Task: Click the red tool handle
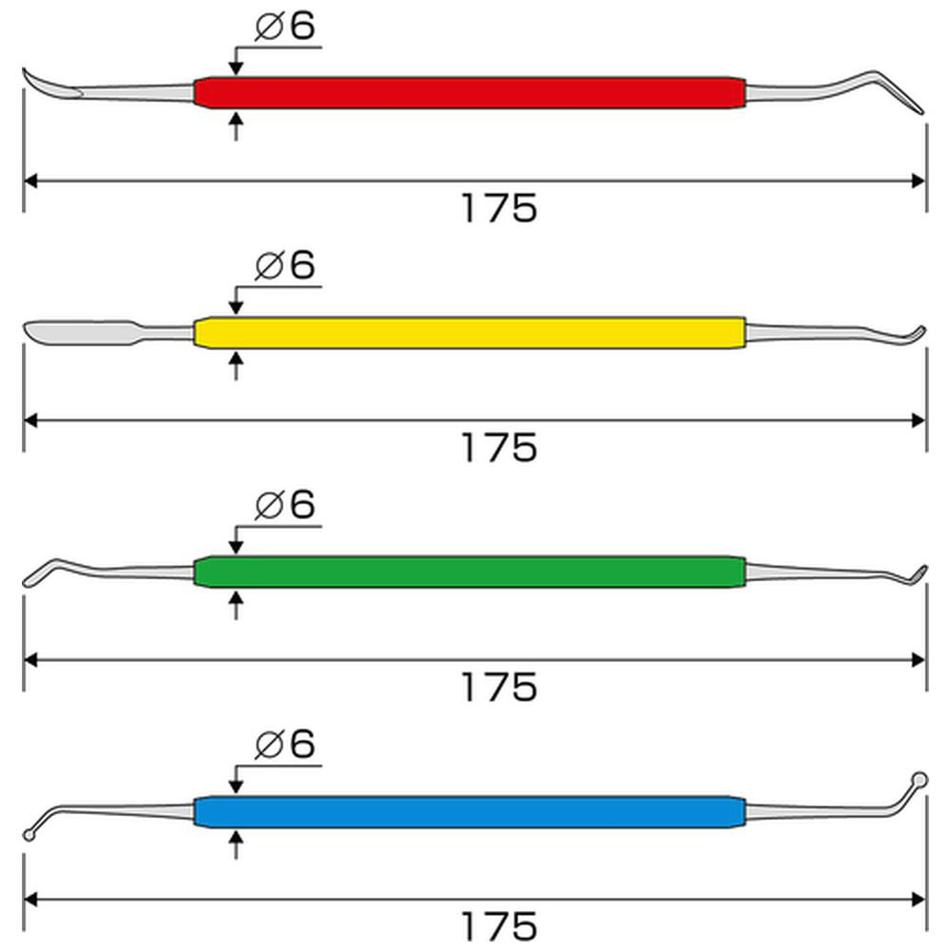[470, 93]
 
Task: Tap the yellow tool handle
[470, 332]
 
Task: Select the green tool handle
[470, 572]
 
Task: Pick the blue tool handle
[470, 811]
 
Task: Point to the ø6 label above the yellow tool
[285, 265]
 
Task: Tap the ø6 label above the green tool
[285, 505]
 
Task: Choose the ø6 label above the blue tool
[285, 744]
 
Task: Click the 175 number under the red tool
[499, 208]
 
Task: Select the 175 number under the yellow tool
[499, 448]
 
